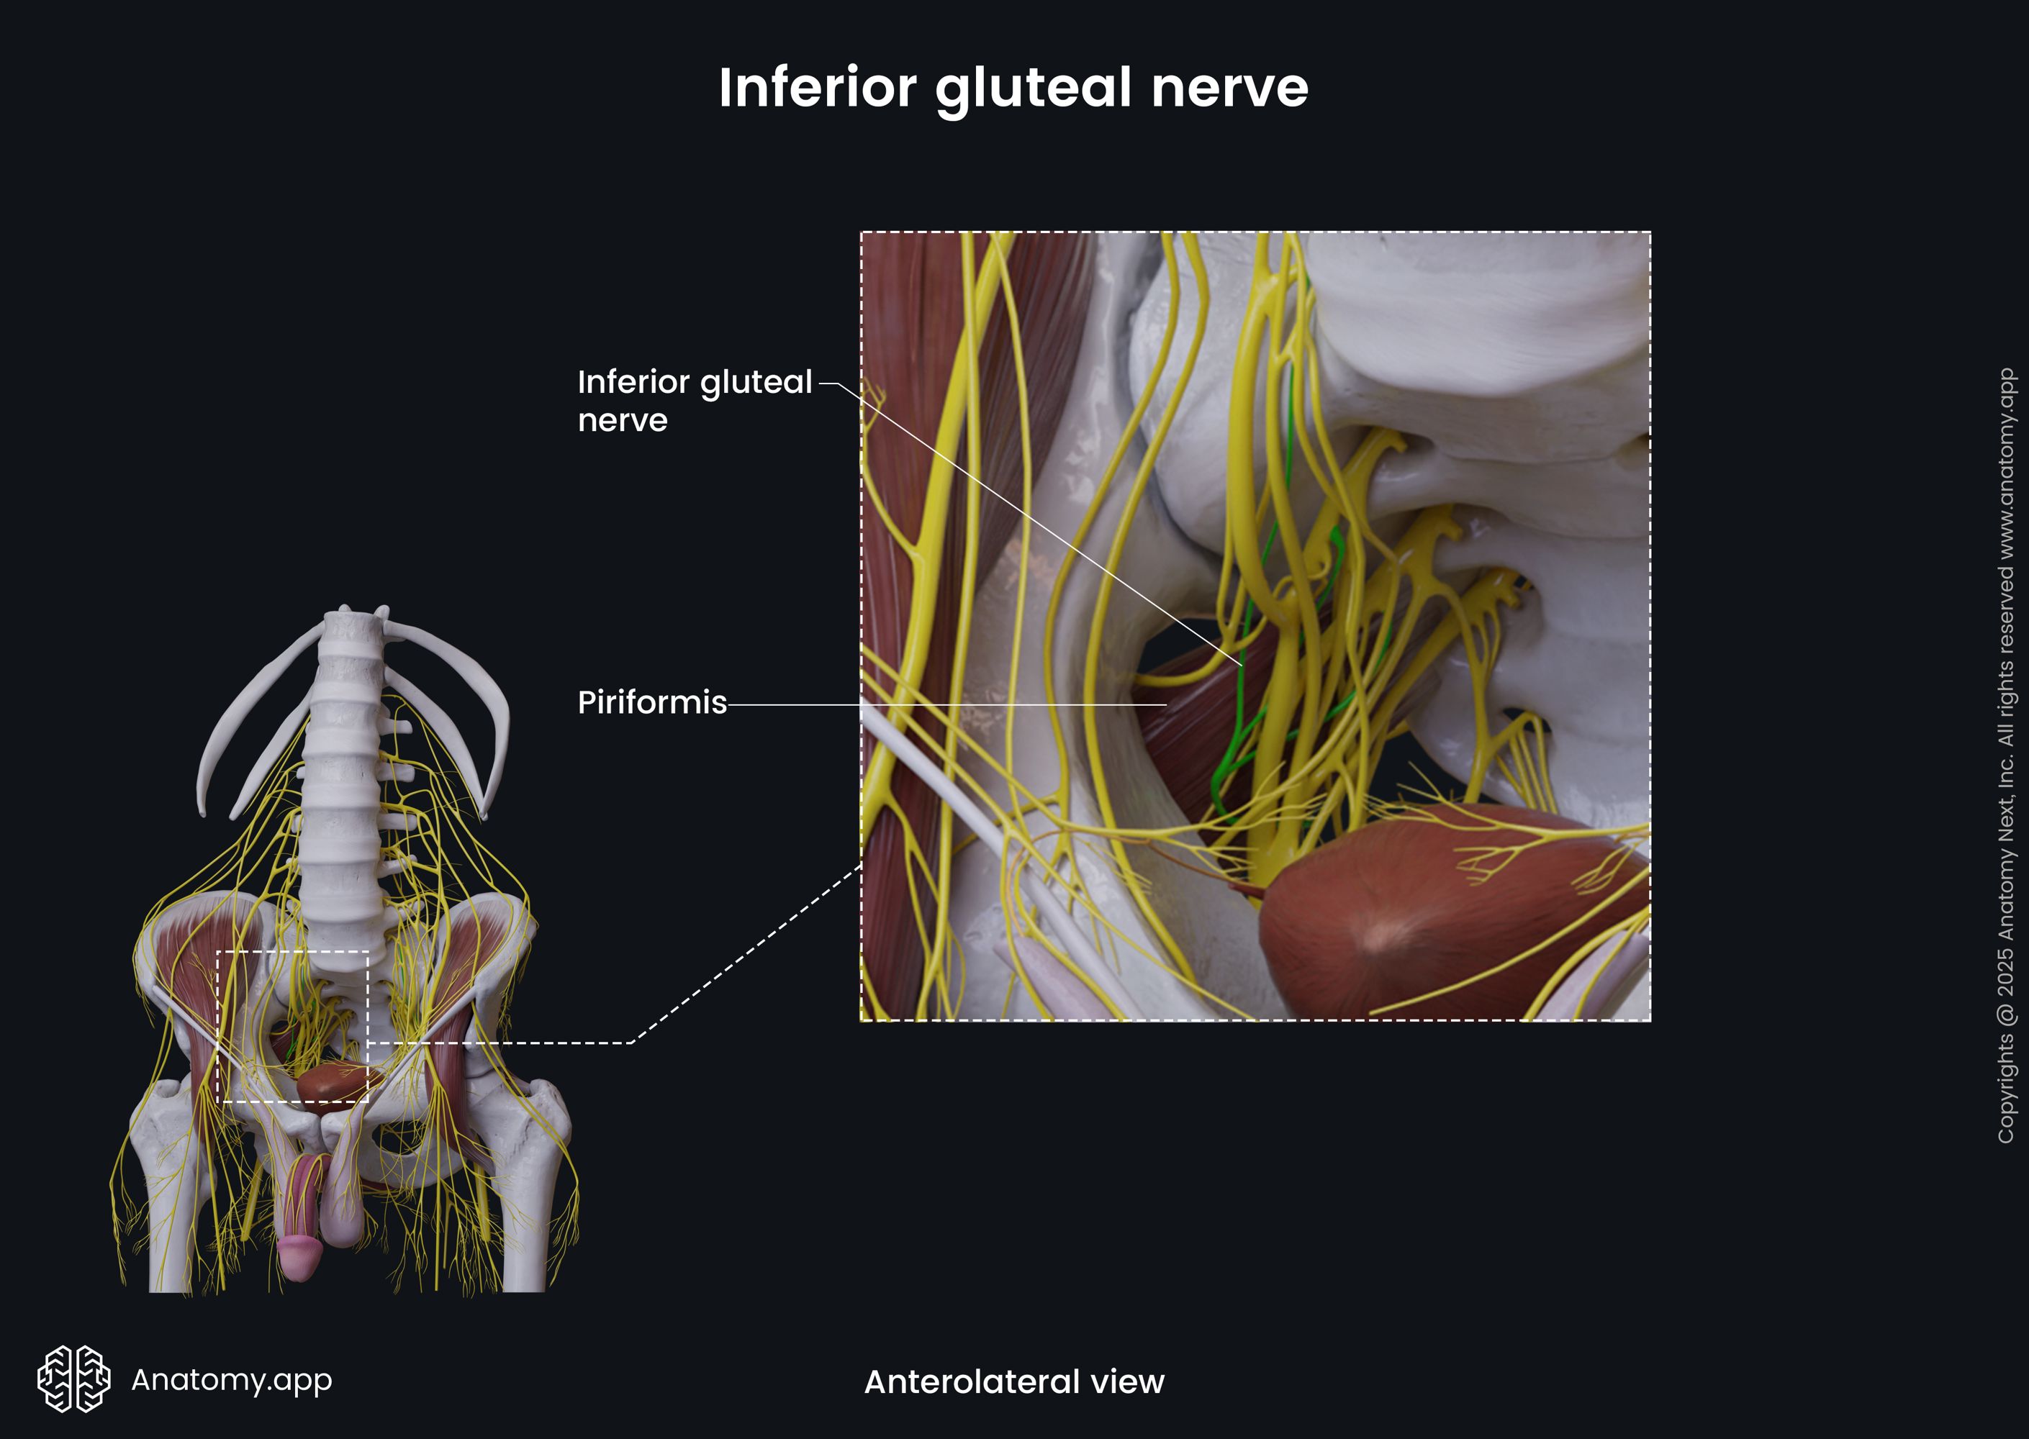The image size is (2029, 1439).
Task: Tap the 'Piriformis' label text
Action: coord(651,703)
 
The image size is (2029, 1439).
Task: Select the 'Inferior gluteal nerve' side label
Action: coord(694,401)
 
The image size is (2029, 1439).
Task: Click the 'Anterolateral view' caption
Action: coord(1014,1381)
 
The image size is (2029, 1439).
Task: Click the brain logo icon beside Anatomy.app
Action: coord(73,1379)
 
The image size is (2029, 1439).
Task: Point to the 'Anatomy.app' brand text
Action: coord(231,1379)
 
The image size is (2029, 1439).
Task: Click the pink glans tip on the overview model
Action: coord(299,1258)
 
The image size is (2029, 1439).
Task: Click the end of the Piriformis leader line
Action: coord(1165,704)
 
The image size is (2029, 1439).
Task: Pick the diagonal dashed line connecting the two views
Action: coord(744,957)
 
